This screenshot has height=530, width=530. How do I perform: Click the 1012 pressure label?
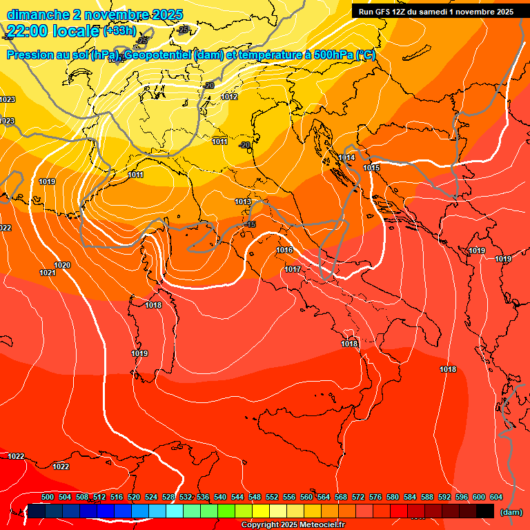(230, 97)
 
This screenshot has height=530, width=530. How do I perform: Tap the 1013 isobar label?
(243, 202)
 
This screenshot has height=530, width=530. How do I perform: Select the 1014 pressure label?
(346, 158)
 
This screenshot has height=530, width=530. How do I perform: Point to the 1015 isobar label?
(371, 168)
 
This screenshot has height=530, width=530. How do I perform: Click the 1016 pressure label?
(284, 251)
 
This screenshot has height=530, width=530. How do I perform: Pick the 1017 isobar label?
(293, 269)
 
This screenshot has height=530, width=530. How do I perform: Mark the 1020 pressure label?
(62, 265)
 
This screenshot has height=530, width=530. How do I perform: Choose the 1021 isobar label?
(48, 273)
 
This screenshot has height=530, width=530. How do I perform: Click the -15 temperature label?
(251, 225)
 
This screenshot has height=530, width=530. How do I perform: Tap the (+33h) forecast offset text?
(119, 31)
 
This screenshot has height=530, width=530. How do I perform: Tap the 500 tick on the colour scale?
(48, 497)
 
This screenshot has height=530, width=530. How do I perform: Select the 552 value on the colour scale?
(272, 497)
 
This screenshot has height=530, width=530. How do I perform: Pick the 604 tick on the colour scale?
(496, 497)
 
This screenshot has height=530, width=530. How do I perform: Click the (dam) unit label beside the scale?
(511, 512)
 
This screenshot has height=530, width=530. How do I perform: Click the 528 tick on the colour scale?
(168, 497)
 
